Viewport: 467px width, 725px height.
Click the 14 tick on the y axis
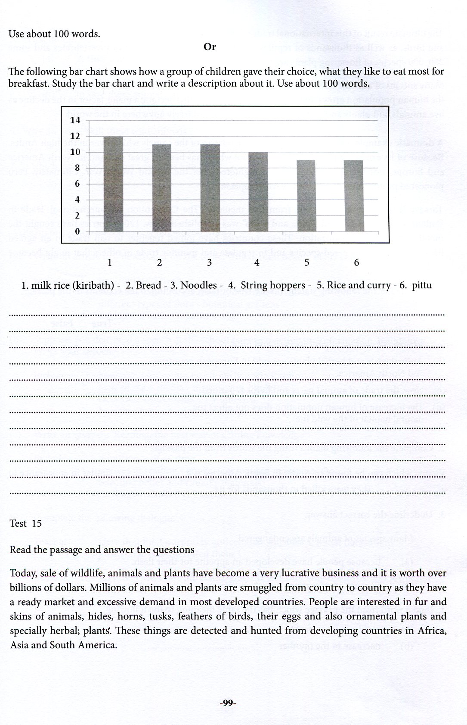(x=75, y=120)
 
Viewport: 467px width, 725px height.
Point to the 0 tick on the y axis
(x=78, y=231)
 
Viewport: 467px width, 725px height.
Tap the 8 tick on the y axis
(x=78, y=168)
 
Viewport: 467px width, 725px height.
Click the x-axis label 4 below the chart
(x=257, y=262)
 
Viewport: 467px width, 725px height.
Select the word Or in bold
(x=210, y=47)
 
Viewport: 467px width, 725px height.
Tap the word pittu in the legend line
(x=421, y=285)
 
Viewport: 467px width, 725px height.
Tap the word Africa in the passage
(x=432, y=631)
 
